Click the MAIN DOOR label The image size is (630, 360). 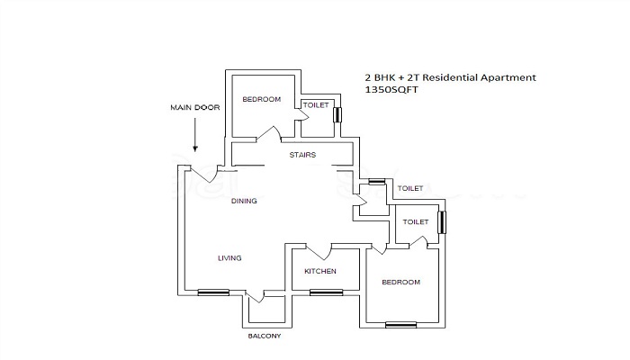click(195, 107)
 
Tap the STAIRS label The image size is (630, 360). click(301, 155)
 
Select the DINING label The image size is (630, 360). click(244, 201)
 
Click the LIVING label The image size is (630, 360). click(229, 258)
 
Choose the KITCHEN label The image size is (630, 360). click(319, 271)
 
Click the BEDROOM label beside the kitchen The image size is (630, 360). click(400, 282)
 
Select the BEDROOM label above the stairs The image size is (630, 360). click(261, 99)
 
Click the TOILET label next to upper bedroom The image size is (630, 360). click(315, 105)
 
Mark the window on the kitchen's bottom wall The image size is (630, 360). click(326, 292)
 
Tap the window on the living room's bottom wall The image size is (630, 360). click(213, 292)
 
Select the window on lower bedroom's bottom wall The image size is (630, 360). click(400, 323)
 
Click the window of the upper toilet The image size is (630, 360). click(338, 115)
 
